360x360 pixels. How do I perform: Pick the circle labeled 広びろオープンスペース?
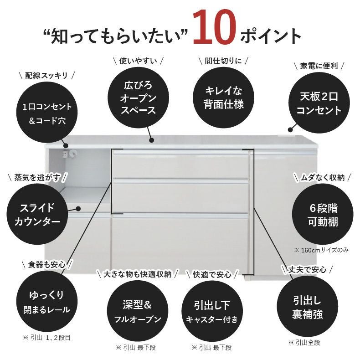coord(138,97)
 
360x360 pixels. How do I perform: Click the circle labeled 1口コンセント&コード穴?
coord(47,113)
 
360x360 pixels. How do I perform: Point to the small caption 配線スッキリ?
coord(47,75)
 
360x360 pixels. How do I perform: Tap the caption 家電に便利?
coord(319,65)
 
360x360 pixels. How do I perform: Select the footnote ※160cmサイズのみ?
coord(321,250)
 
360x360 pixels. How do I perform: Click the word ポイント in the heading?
coord(273,35)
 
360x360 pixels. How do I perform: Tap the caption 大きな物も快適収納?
coord(137,274)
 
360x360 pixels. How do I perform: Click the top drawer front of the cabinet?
coord(181,165)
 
